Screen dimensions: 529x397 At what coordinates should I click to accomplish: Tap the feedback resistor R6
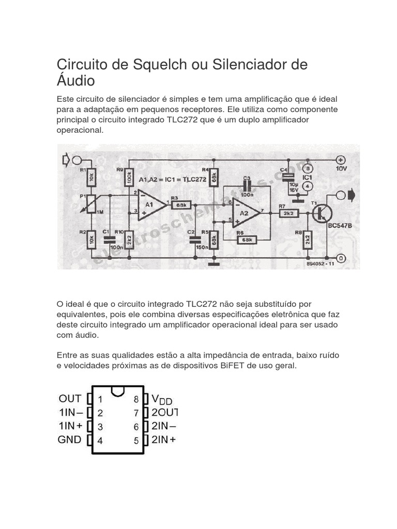[246, 240]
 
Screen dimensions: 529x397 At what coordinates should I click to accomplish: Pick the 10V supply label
[341, 169]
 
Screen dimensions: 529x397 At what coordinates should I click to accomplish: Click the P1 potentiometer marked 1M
[91, 204]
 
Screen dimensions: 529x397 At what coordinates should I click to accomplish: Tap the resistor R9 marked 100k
[129, 178]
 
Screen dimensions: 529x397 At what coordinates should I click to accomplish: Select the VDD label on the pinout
[161, 399]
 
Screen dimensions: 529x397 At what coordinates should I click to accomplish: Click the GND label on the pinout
[70, 440]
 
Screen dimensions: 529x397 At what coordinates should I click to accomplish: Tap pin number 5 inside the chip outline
[136, 441]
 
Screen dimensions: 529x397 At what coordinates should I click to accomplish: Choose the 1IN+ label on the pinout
[70, 426]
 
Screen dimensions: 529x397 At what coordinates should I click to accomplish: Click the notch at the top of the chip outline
[118, 389]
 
